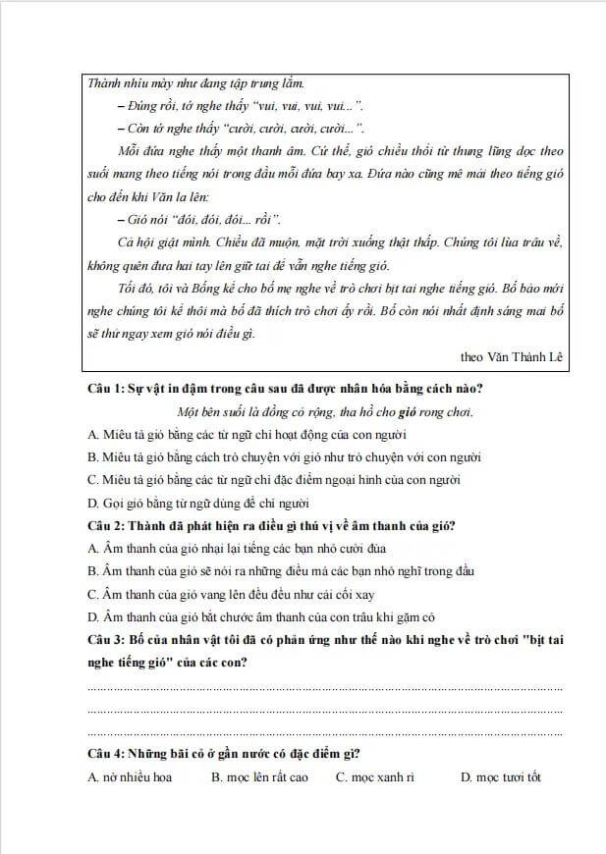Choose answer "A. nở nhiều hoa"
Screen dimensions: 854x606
point(130,777)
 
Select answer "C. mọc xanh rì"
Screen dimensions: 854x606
point(374,777)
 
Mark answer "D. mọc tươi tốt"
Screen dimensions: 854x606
point(501,777)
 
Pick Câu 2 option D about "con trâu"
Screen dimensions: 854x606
point(260,616)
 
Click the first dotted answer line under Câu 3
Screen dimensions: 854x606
point(324,688)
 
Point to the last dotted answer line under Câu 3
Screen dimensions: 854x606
point(324,732)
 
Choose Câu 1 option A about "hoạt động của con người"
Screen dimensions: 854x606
point(247,434)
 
